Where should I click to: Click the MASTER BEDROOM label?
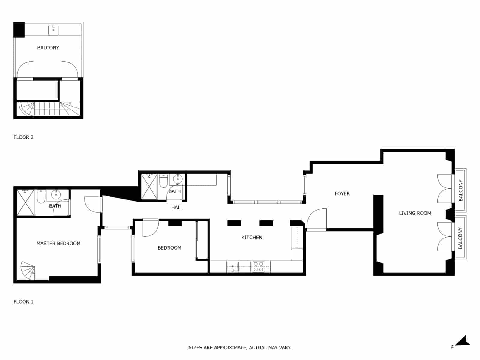(58, 244)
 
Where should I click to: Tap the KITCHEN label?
(252, 238)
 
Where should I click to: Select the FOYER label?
(342, 194)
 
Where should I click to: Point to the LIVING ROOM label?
(415, 213)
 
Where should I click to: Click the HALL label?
(177, 208)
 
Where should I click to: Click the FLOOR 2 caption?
(23, 137)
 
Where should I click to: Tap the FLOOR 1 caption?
(23, 302)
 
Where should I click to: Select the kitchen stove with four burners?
(258, 267)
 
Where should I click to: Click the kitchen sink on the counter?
(232, 266)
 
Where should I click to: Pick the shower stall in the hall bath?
(149, 186)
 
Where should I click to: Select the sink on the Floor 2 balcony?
(53, 30)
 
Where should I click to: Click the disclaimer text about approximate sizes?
(240, 348)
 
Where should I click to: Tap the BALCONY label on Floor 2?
(48, 48)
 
